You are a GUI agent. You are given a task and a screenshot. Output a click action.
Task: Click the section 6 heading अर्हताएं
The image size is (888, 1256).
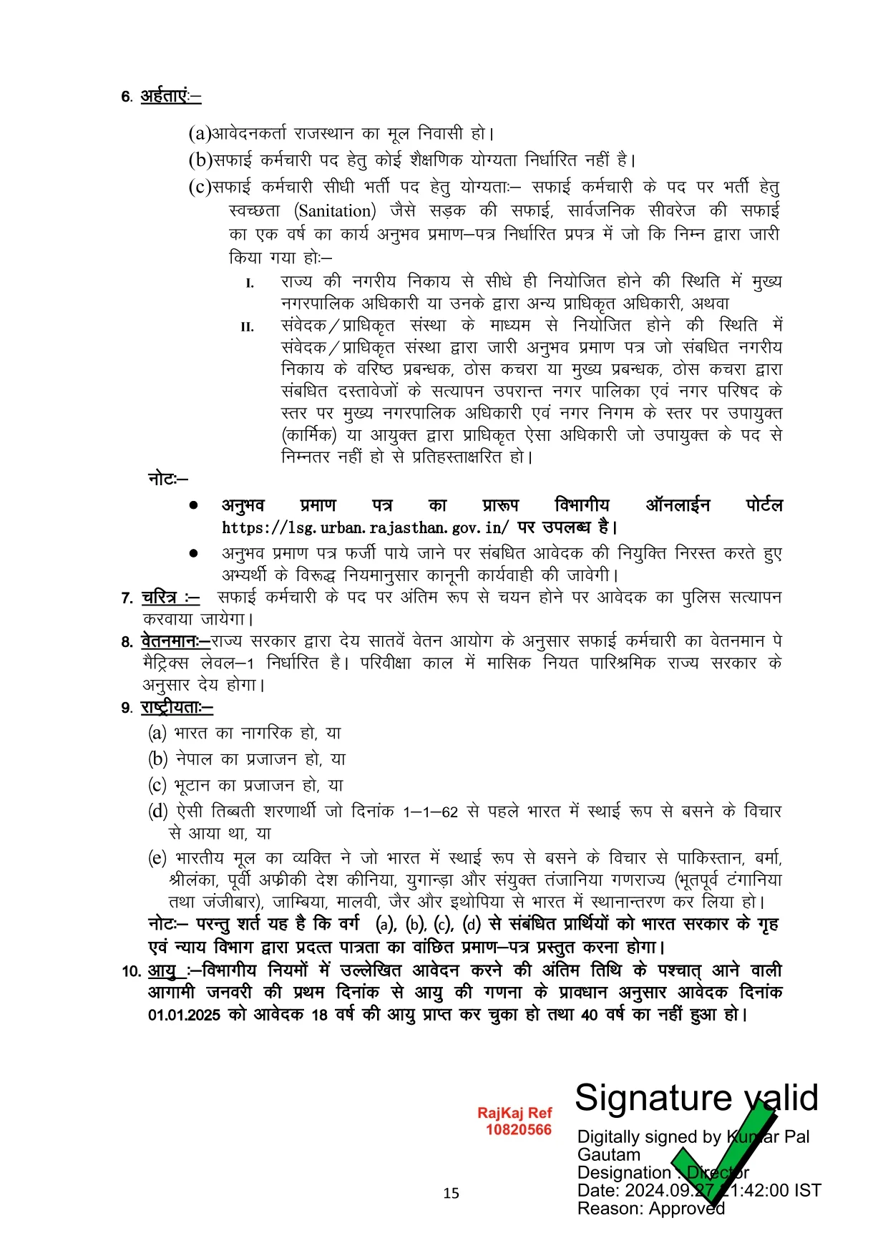coord(170,96)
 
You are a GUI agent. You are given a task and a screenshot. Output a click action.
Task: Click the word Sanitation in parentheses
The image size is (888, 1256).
coord(335,211)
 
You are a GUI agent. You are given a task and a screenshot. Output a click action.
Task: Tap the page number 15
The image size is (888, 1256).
coord(451,1193)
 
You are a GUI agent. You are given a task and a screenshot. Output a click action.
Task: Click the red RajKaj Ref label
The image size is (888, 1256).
coord(514,1113)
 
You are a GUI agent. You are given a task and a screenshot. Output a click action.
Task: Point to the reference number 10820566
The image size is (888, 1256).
coord(519,1130)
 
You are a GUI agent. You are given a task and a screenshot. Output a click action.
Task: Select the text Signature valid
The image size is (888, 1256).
coord(696,1098)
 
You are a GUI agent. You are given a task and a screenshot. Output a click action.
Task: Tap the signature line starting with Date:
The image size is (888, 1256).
coord(698,1190)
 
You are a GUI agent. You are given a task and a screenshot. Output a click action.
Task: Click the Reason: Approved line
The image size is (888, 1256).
coord(650,1208)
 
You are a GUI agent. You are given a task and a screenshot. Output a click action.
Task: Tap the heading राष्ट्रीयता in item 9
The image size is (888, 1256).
coord(176,707)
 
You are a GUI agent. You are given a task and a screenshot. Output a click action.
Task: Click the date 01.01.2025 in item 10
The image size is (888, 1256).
coord(184,1015)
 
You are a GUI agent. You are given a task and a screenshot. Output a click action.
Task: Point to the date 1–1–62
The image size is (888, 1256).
coord(430,812)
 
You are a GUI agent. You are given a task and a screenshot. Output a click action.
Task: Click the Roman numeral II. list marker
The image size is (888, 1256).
coord(247,328)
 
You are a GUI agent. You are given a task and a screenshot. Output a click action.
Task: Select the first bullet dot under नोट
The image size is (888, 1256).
coord(193,505)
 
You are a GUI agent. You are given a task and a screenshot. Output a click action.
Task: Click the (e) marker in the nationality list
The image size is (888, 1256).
coord(157,858)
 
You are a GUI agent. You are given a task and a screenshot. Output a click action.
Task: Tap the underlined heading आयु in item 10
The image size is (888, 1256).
coord(162,971)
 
